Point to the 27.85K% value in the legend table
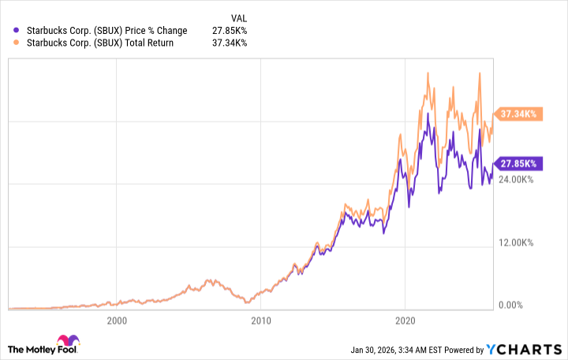pos(230,31)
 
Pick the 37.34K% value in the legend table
pos(230,43)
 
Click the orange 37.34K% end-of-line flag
pos(517,114)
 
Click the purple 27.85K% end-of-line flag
pos(517,163)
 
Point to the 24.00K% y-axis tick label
pos(517,180)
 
